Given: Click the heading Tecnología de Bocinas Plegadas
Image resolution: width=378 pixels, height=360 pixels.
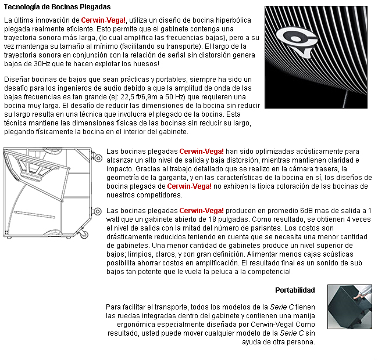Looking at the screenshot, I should click(x=57, y=7).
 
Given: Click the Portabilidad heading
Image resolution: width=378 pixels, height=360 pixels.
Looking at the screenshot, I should click(x=295, y=290).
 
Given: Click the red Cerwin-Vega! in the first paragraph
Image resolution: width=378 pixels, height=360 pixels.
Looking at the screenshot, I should click(x=103, y=20).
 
